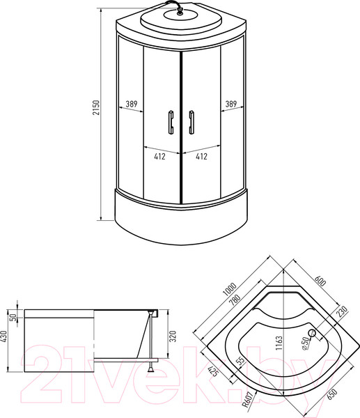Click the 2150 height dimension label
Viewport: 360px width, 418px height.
[96, 108]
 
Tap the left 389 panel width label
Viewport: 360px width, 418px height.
[132, 104]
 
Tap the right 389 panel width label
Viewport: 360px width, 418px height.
[231, 104]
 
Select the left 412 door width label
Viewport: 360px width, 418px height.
[159, 157]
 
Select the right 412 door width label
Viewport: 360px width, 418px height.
[201, 157]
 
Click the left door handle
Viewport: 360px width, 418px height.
[171, 122]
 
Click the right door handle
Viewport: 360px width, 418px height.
[191, 122]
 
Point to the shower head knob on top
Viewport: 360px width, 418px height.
[180, 11]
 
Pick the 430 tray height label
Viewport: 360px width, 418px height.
[4, 336]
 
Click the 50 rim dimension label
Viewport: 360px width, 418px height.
[13, 317]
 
